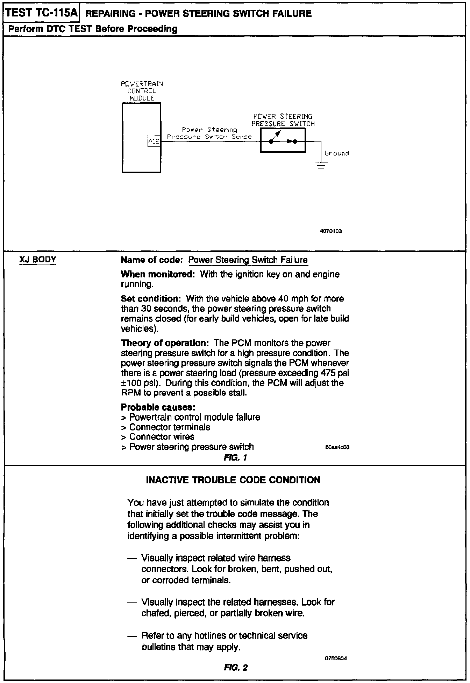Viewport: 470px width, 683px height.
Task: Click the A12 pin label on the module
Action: [x=154, y=142]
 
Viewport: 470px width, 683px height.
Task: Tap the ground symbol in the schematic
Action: [x=321, y=165]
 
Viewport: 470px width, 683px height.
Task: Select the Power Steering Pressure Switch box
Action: [x=283, y=140]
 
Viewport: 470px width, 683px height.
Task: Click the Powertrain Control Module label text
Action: [x=142, y=91]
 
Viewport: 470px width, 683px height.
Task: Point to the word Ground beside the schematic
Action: [x=336, y=153]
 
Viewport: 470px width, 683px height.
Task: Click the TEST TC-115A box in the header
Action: [x=41, y=13]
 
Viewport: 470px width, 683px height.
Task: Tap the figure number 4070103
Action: [x=330, y=231]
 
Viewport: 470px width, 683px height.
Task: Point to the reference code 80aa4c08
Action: [x=337, y=447]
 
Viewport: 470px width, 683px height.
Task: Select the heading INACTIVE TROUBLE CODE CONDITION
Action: [x=233, y=480]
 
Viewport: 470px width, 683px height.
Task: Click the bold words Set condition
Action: [x=150, y=299]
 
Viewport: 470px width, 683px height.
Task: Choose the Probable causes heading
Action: [x=158, y=407]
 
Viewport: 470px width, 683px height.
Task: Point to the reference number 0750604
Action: [x=336, y=658]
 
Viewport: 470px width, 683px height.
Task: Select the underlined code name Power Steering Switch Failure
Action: [x=248, y=260]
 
